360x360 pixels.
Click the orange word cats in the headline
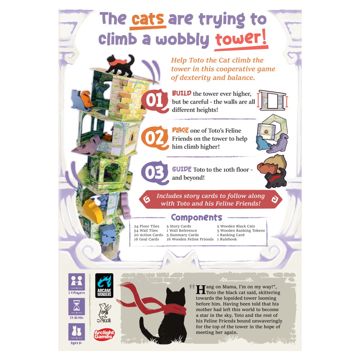[x=148, y=19]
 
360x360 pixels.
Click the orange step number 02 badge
[x=155, y=138]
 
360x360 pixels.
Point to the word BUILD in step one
[x=181, y=93]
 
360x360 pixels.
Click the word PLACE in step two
[x=180, y=130]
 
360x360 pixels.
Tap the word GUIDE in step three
[x=181, y=169]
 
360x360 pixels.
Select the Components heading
[x=197, y=217]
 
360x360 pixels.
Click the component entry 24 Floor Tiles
[x=147, y=226]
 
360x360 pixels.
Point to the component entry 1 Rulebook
[x=227, y=239]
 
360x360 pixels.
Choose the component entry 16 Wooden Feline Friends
[x=190, y=239]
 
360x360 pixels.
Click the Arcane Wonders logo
[x=104, y=285]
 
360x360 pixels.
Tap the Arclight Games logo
[x=104, y=335]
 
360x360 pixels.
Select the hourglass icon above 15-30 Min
[x=77, y=306]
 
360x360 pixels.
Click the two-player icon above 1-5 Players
[x=77, y=282]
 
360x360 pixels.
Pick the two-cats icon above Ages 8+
[x=77, y=332]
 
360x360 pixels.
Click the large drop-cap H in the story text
[x=201, y=289]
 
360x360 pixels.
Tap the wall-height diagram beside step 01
[x=273, y=100]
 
